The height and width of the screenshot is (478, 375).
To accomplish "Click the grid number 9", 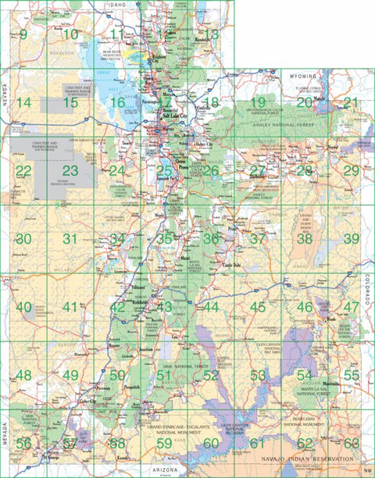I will click(x=23, y=34).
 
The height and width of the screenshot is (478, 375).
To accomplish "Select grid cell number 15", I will click(x=70, y=102).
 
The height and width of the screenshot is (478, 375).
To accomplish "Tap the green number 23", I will click(x=70, y=170).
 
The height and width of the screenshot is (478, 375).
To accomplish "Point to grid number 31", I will click(x=70, y=239).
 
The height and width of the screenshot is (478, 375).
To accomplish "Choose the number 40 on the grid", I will click(x=23, y=307).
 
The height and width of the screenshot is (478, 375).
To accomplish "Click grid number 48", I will click(x=23, y=375).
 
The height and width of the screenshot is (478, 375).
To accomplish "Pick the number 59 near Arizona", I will click(x=164, y=444).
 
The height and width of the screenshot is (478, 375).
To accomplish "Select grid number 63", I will click(x=352, y=444).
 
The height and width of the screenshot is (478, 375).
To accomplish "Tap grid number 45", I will click(x=258, y=307).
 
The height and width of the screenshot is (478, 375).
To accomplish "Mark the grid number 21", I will click(x=352, y=102).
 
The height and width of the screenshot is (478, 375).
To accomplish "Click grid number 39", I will click(x=352, y=239).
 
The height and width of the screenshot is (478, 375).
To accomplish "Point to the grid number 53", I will click(x=258, y=375).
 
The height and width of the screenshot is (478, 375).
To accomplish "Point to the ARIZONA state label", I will click(x=168, y=470).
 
